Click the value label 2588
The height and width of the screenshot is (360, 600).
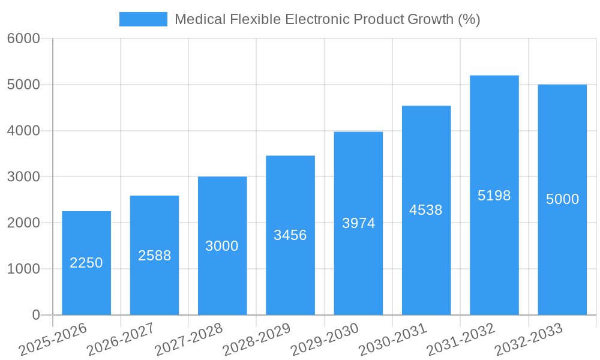click(x=154, y=256)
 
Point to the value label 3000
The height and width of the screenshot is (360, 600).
click(x=222, y=246)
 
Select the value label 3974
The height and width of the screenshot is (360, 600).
click(x=358, y=223)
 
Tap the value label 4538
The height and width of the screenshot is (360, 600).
click(x=426, y=210)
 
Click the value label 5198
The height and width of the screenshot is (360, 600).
click(x=494, y=196)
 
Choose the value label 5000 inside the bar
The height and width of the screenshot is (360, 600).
click(x=562, y=199)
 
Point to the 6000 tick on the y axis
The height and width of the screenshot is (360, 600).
click(x=23, y=39)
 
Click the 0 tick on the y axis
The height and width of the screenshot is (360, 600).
click(x=35, y=315)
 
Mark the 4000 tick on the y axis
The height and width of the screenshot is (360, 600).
click(x=23, y=131)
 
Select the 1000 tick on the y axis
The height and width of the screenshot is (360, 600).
click(x=23, y=269)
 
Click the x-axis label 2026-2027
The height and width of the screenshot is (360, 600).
click(x=121, y=340)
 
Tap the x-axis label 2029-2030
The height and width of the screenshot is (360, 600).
click(x=325, y=340)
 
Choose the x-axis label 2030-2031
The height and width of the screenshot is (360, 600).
click(x=392, y=340)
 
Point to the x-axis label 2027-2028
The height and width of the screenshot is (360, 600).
click(x=188, y=340)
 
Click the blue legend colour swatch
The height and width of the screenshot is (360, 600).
click(x=143, y=19)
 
